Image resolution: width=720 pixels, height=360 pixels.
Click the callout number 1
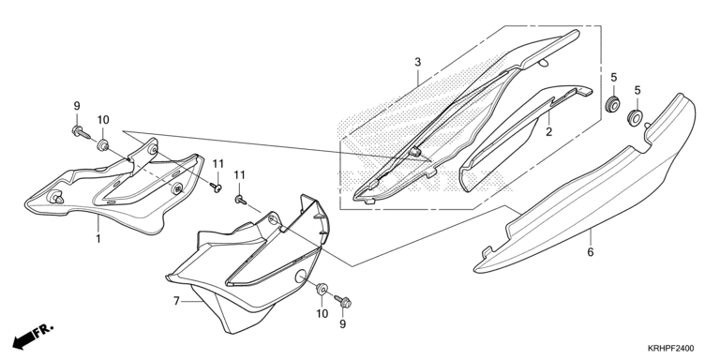(x=98, y=239)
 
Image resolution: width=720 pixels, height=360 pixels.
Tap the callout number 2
(x=548, y=132)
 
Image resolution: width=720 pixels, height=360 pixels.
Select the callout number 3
(x=417, y=62)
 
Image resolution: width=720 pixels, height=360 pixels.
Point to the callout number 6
(x=591, y=251)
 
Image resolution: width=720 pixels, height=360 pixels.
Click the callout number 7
(x=176, y=301)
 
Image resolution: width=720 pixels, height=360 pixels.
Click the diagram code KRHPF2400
(x=671, y=349)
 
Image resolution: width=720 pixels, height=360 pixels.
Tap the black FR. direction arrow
(x=32, y=336)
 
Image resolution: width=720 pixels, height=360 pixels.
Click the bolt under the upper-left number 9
(x=79, y=133)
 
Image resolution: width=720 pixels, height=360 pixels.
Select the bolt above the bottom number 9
(x=343, y=301)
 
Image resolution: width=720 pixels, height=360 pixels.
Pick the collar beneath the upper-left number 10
(x=103, y=145)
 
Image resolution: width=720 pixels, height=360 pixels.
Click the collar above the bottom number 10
(x=322, y=290)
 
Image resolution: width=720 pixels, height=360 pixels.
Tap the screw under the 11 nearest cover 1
(x=216, y=187)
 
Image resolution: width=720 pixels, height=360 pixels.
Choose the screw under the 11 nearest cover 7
(x=240, y=200)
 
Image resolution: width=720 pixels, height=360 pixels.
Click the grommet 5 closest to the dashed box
(x=612, y=104)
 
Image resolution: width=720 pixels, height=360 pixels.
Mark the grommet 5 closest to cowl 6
(x=635, y=117)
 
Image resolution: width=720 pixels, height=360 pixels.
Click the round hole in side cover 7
(x=300, y=276)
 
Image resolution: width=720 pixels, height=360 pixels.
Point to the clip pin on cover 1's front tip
(x=55, y=197)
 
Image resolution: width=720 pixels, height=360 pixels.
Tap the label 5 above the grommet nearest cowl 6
(x=637, y=90)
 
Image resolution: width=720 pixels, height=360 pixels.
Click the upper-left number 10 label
(x=103, y=120)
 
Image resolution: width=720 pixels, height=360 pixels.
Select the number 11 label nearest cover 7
(x=240, y=175)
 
